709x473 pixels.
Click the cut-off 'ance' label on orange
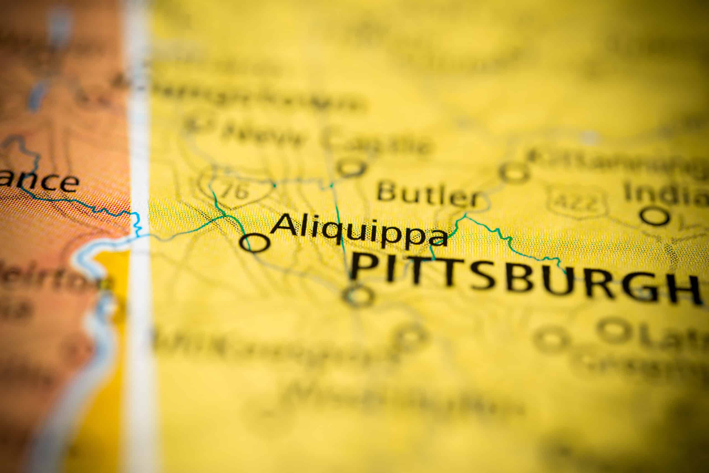click(x=39, y=182)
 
